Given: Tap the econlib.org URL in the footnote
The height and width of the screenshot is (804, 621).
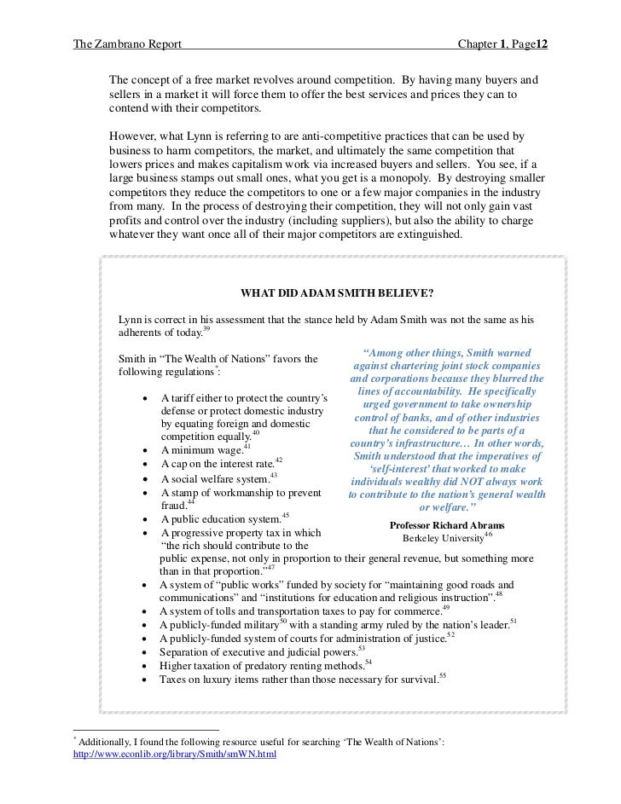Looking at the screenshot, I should [x=176, y=755].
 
